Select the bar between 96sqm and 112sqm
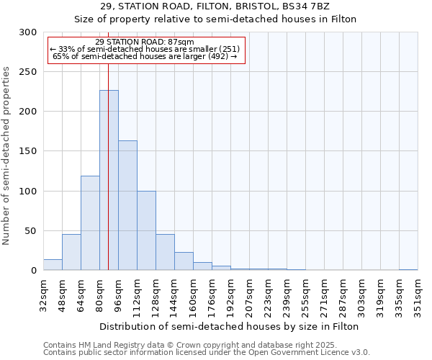tap(127, 205)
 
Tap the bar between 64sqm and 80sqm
tap(90, 223)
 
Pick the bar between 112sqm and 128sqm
tap(146, 230)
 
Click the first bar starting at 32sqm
tap(53, 265)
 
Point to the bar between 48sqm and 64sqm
tap(71, 252)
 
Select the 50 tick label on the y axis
tap(31, 231)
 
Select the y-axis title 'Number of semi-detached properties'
tap(7, 156)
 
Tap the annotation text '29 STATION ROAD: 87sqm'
tap(144, 42)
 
